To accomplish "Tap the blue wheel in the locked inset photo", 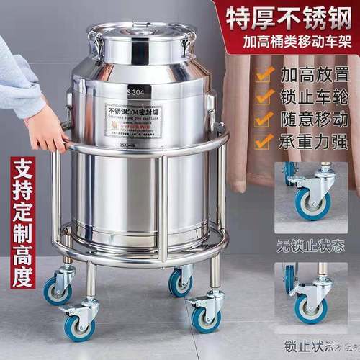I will coord(310,307).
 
